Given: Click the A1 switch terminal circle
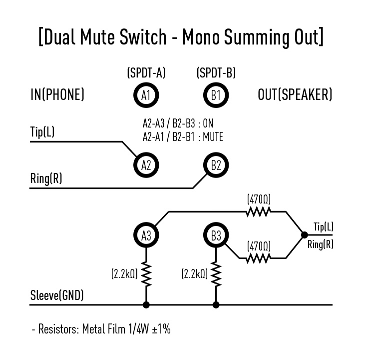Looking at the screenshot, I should pyautogui.click(x=146, y=94).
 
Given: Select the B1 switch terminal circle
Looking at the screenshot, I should pyautogui.click(x=216, y=94).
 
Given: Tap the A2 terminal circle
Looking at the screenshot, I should pyautogui.click(x=146, y=165).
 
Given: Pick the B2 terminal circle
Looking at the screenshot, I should pyautogui.click(x=216, y=165).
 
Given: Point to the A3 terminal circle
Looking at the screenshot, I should pyautogui.click(x=146, y=235).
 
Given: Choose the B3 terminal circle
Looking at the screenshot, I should pyautogui.click(x=216, y=235).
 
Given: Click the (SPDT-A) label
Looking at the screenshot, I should pyautogui.click(x=146, y=73).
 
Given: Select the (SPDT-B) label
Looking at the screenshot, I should pyautogui.click(x=216, y=73).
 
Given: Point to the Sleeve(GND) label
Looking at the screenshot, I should pyautogui.click(x=57, y=295).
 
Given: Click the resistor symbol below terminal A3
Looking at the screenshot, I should pyautogui.click(x=146, y=273).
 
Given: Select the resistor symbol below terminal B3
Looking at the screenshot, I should pyautogui.click(x=216, y=273).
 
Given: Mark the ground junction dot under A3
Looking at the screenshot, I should pyautogui.click(x=146, y=304).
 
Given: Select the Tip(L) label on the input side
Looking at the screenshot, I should pyautogui.click(x=42, y=132).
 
